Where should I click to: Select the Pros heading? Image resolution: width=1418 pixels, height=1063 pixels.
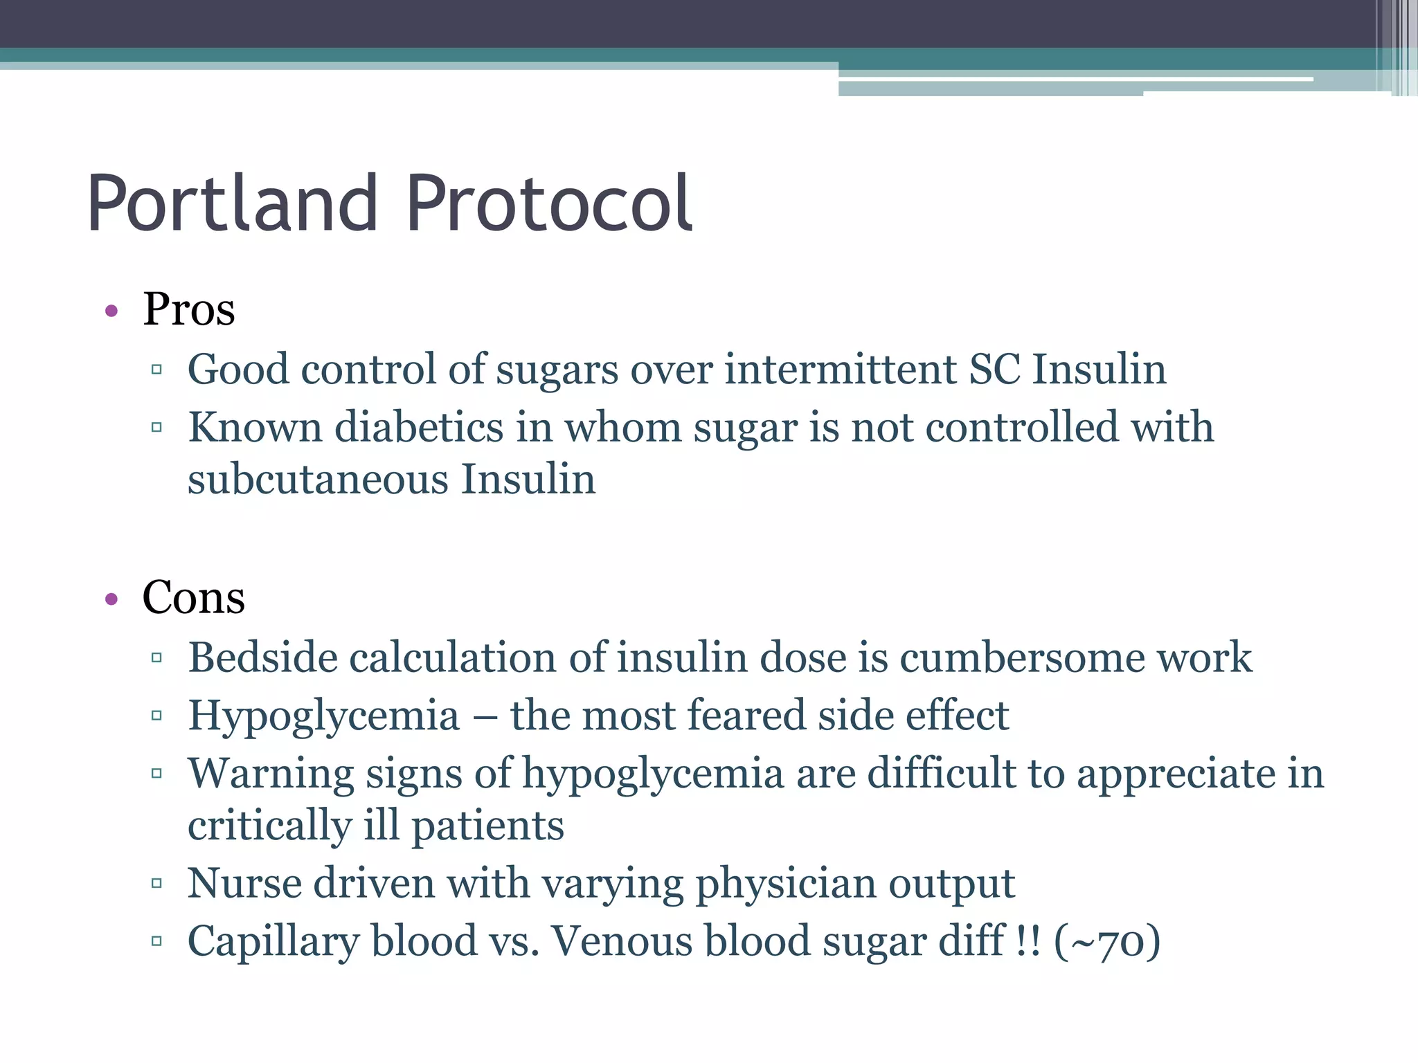[x=189, y=309]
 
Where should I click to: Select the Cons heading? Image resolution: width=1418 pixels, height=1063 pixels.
[x=193, y=597]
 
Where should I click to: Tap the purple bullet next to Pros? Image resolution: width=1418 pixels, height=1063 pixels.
[x=111, y=311]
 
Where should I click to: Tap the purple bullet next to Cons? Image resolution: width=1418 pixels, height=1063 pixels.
[x=111, y=599]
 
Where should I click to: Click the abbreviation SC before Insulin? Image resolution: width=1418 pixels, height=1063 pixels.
[x=994, y=369]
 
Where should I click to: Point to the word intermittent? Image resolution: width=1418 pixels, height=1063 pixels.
[x=840, y=369]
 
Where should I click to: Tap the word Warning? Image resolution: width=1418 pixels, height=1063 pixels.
[x=271, y=773]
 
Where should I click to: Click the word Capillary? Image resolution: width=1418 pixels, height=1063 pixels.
[x=273, y=941]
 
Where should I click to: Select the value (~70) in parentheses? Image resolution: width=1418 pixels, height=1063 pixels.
[x=1106, y=942]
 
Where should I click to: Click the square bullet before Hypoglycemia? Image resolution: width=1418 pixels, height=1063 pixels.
[x=156, y=716]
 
